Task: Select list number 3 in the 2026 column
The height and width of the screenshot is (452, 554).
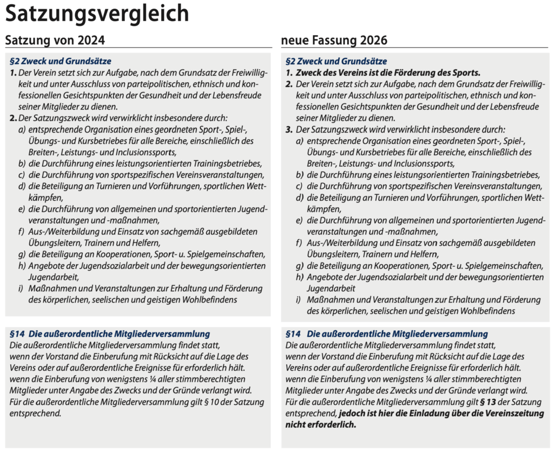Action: pyautogui.click(x=289, y=129)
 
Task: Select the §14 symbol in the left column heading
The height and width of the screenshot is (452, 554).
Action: pyautogui.click(x=17, y=334)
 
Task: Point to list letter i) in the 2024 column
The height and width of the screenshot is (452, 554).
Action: pyautogui.click(x=21, y=288)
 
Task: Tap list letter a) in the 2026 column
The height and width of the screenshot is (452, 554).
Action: pyautogui.click(x=299, y=141)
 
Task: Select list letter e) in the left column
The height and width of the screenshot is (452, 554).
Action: pyautogui.click(x=21, y=208)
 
